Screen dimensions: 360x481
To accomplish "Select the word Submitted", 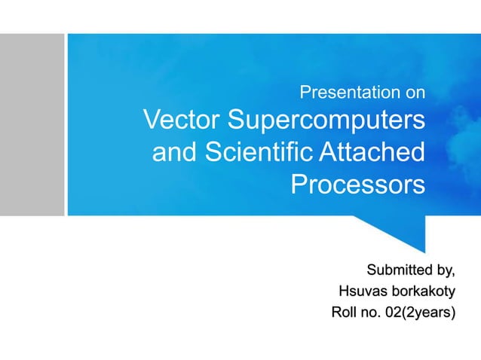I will coord(396,270).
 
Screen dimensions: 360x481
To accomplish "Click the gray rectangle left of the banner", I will coord(31,124).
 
